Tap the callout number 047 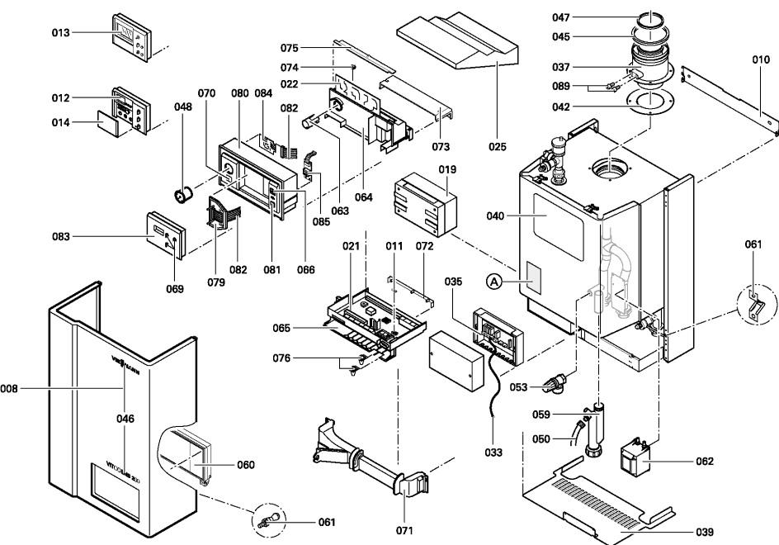pyautogui.click(x=583, y=17)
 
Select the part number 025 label pyautogui.click(x=496, y=147)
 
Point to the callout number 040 pyautogui.click(x=495, y=216)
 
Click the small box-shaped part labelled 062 pyautogui.click(x=636, y=457)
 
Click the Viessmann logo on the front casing pyautogui.click(x=124, y=360)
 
